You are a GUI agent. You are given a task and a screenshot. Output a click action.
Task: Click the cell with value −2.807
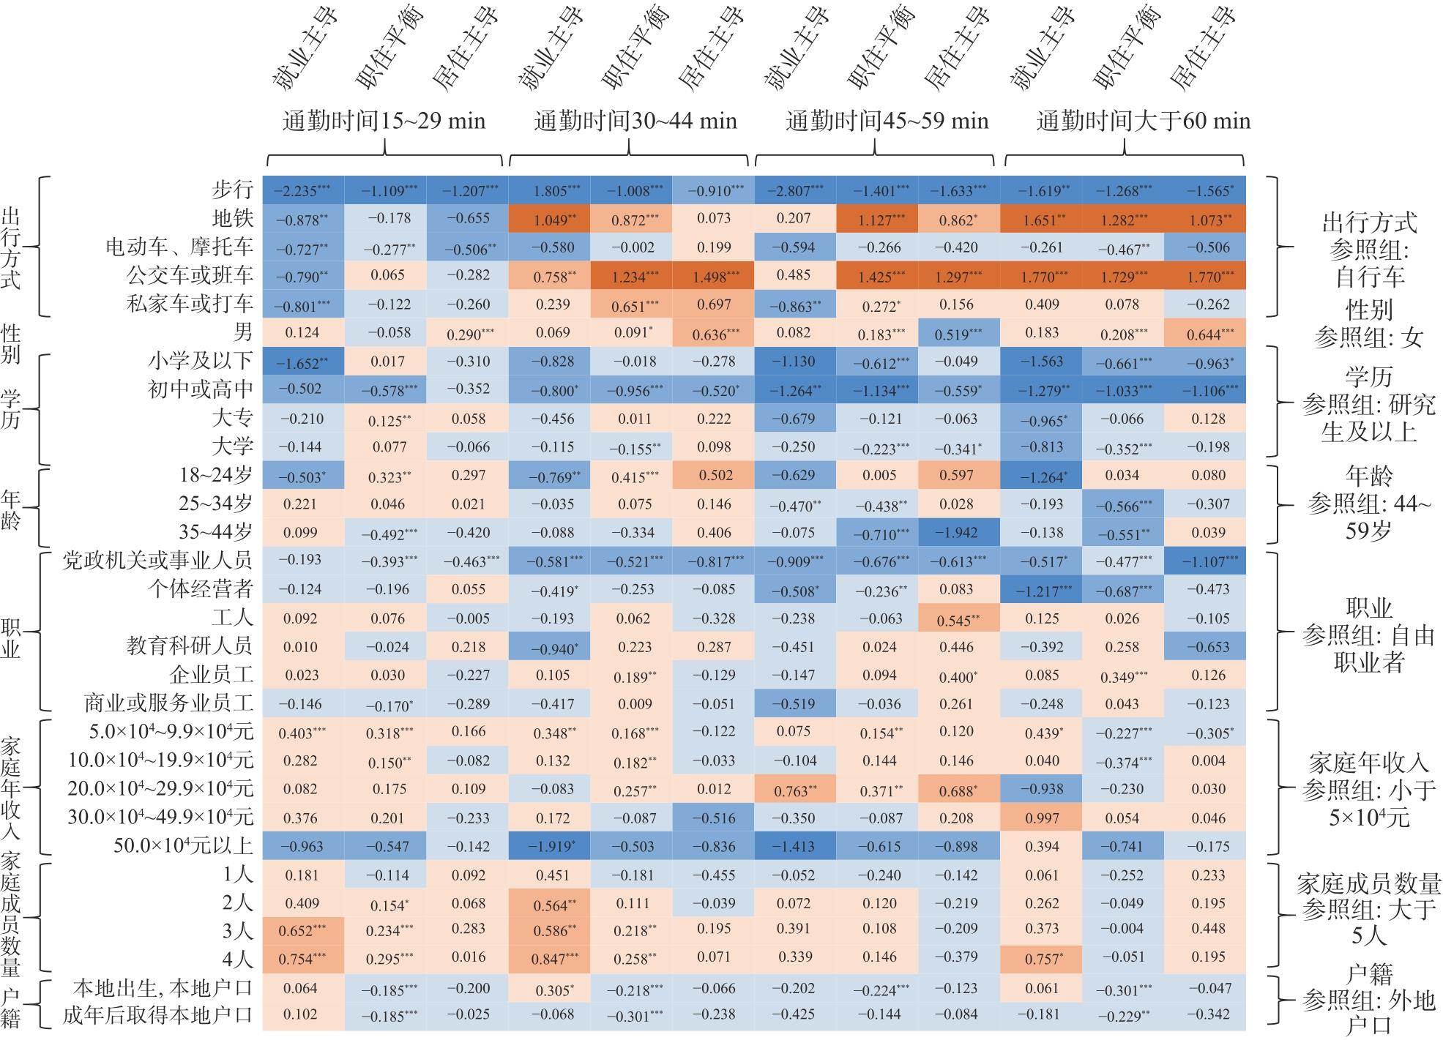click(796, 190)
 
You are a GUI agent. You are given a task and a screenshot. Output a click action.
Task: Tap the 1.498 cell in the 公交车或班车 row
click(714, 276)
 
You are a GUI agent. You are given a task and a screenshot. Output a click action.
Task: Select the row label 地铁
click(232, 218)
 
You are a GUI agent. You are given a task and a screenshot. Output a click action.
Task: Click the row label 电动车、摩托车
click(179, 247)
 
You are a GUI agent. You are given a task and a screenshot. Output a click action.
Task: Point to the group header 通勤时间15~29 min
click(384, 121)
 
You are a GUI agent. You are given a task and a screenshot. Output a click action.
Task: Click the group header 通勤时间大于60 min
click(1144, 121)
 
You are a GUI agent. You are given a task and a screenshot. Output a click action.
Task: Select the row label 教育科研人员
click(190, 646)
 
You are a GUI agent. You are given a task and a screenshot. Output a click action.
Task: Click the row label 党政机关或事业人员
click(158, 560)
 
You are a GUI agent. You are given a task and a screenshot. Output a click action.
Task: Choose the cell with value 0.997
click(1042, 818)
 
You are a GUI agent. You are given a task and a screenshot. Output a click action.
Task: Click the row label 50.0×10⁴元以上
click(183, 845)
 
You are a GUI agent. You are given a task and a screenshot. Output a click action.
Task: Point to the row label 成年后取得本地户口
click(158, 1015)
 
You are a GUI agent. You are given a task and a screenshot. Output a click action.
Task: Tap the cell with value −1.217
click(1042, 589)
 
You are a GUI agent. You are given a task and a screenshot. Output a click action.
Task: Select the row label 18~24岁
click(216, 475)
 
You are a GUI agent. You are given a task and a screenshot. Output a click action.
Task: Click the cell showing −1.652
click(302, 361)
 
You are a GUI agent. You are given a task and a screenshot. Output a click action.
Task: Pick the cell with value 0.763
click(796, 789)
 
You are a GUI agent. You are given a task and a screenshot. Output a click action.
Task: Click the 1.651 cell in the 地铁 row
click(1042, 218)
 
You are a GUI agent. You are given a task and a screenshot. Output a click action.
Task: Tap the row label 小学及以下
click(200, 361)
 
